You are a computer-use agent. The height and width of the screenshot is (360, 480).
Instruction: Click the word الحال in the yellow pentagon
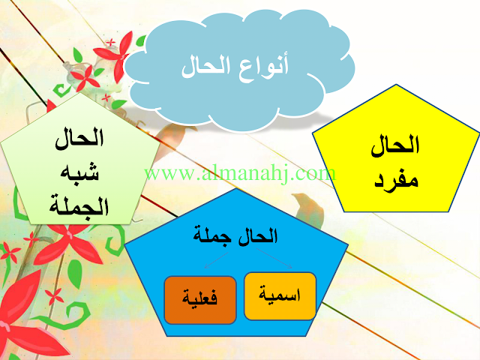[x=395, y=146]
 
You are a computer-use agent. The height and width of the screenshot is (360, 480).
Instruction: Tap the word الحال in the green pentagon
[x=79, y=139]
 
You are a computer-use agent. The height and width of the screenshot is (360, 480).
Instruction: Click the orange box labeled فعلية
[x=200, y=300]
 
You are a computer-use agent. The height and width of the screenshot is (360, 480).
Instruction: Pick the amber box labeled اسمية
[x=280, y=296]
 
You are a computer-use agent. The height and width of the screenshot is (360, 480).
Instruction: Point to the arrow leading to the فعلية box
[x=216, y=260]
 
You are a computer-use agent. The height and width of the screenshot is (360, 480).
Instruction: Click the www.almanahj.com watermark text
[x=240, y=173]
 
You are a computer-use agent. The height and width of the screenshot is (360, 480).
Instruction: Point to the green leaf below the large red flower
[x=74, y=272]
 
